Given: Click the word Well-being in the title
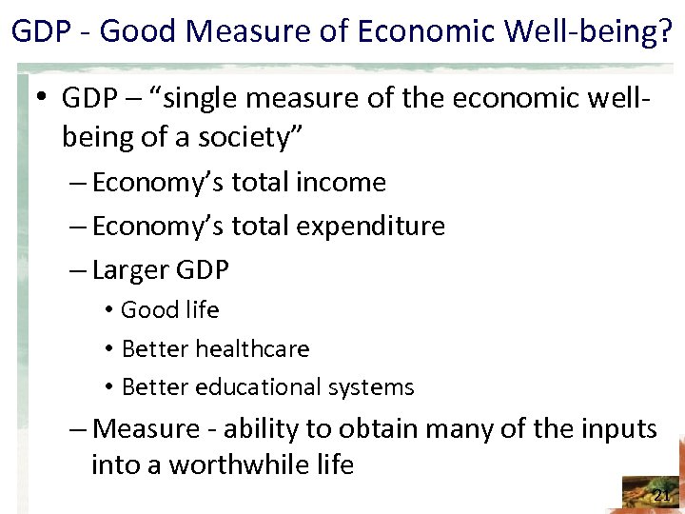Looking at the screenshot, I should click(x=582, y=32).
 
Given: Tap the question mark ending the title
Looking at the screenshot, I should click(x=665, y=32).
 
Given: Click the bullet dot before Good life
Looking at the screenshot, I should click(x=110, y=311).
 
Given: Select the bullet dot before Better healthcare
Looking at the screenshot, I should click(x=110, y=349).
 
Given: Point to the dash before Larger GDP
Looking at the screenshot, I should click(x=80, y=270).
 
